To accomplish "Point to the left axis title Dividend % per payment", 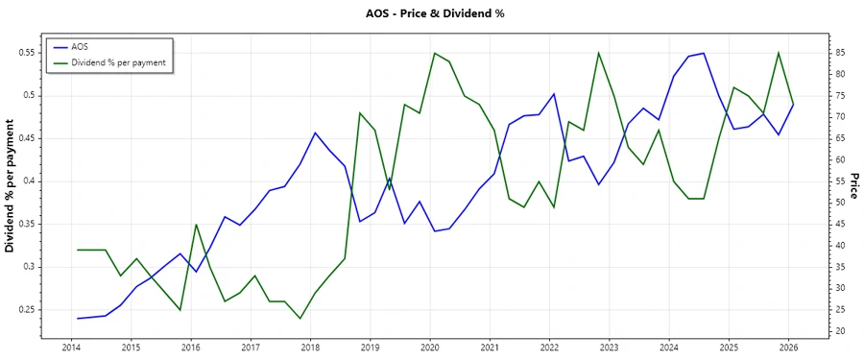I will coord(11,186).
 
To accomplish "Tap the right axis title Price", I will coord(853,186).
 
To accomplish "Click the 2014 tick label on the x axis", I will coord(71,347).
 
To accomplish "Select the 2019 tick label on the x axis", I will coord(370,347).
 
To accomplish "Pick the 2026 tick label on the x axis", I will coord(788,347).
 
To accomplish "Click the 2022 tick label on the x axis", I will coord(549,347).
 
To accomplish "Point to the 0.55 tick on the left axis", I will coord(26,53).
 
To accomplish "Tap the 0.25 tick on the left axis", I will coord(26,310).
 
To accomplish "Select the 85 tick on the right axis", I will coord(840,53).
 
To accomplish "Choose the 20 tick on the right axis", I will coord(840,331).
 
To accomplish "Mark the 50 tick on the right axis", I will coord(840,203).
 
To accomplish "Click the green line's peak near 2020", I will coord(434,53).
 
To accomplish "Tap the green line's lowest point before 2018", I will coord(300,319).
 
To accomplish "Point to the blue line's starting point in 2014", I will coord(77,319).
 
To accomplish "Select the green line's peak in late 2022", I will coord(599,53).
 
